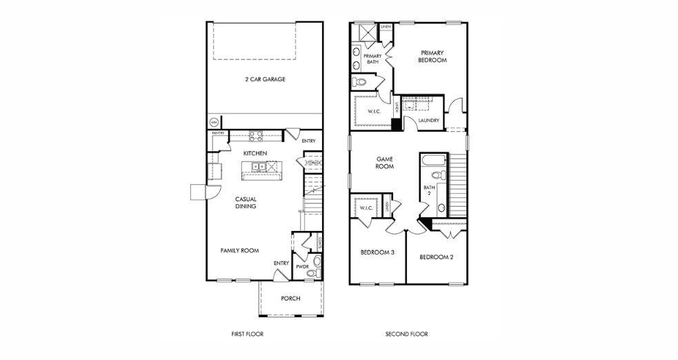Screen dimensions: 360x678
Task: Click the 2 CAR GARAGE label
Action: point(265,79)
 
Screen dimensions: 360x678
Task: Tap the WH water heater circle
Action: point(213,123)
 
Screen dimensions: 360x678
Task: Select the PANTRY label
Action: point(218,133)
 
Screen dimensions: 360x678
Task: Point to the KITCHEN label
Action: point(255,152)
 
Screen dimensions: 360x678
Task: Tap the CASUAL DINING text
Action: point(246,203)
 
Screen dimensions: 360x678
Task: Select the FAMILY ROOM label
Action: point(239,251)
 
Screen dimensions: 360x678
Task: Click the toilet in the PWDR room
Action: point(317,261)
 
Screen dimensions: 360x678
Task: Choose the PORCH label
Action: point(290,299)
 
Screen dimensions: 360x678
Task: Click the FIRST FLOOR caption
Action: point(247,334)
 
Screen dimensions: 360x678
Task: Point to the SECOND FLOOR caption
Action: point(406,334)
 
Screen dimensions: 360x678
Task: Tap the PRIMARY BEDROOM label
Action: point(432,57)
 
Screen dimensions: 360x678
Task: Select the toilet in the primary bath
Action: point(359,83)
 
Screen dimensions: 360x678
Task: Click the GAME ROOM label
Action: point(384,162)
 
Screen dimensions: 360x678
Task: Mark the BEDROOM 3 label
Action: point(377,252)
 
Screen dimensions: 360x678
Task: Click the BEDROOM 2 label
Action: point(436,257)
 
